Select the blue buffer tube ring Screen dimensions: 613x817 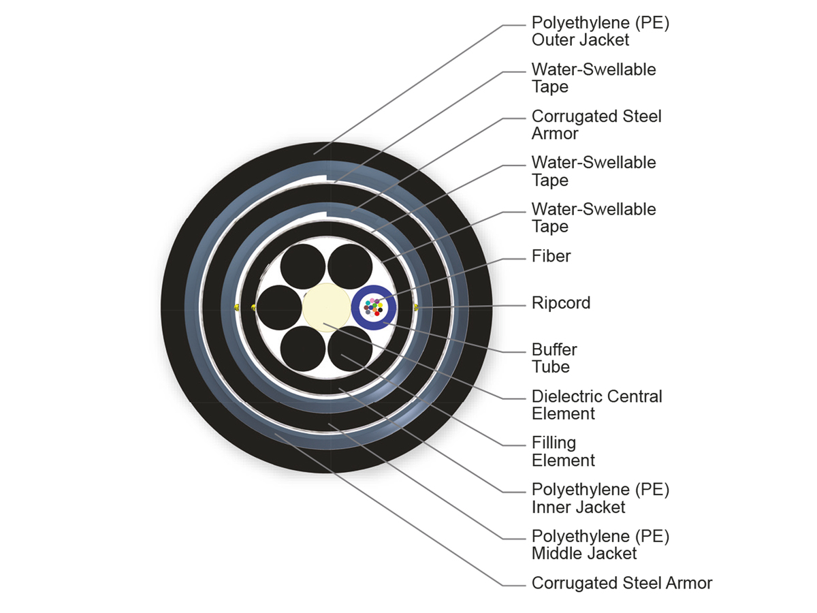356,308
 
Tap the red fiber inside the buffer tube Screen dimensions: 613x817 377,313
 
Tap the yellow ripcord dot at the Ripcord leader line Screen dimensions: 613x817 417,308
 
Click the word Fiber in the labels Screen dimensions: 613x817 551,256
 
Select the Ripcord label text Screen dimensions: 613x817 560,303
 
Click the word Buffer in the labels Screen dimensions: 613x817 554,349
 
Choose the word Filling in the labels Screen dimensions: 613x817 554,443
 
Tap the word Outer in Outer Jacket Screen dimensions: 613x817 552,40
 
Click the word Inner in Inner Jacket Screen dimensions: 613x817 551,507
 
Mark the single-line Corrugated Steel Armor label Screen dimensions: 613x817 621,583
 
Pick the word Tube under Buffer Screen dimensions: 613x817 550,367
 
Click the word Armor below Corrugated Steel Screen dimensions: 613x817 555,133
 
